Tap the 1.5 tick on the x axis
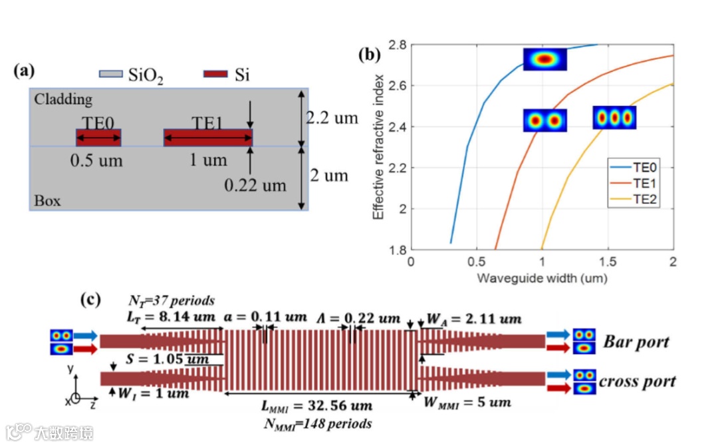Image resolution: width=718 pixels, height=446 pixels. (x=608, y=262)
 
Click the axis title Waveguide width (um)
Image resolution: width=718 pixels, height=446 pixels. (x=541, y=278)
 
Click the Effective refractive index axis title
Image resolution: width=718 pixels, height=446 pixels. (x=378, y=146)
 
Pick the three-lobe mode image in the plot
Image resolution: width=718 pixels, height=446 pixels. (x=614, y=118)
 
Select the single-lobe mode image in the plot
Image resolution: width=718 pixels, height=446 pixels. (x=544, y=59)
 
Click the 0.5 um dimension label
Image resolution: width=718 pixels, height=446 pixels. (x=97, y=161)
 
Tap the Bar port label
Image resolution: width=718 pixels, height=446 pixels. (x=636, y=342)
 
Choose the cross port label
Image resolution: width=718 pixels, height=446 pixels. (x=637, y=381)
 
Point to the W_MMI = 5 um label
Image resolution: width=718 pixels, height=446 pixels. (x=469, y=402)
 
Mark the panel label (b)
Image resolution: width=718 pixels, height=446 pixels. (x=370, y=55)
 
